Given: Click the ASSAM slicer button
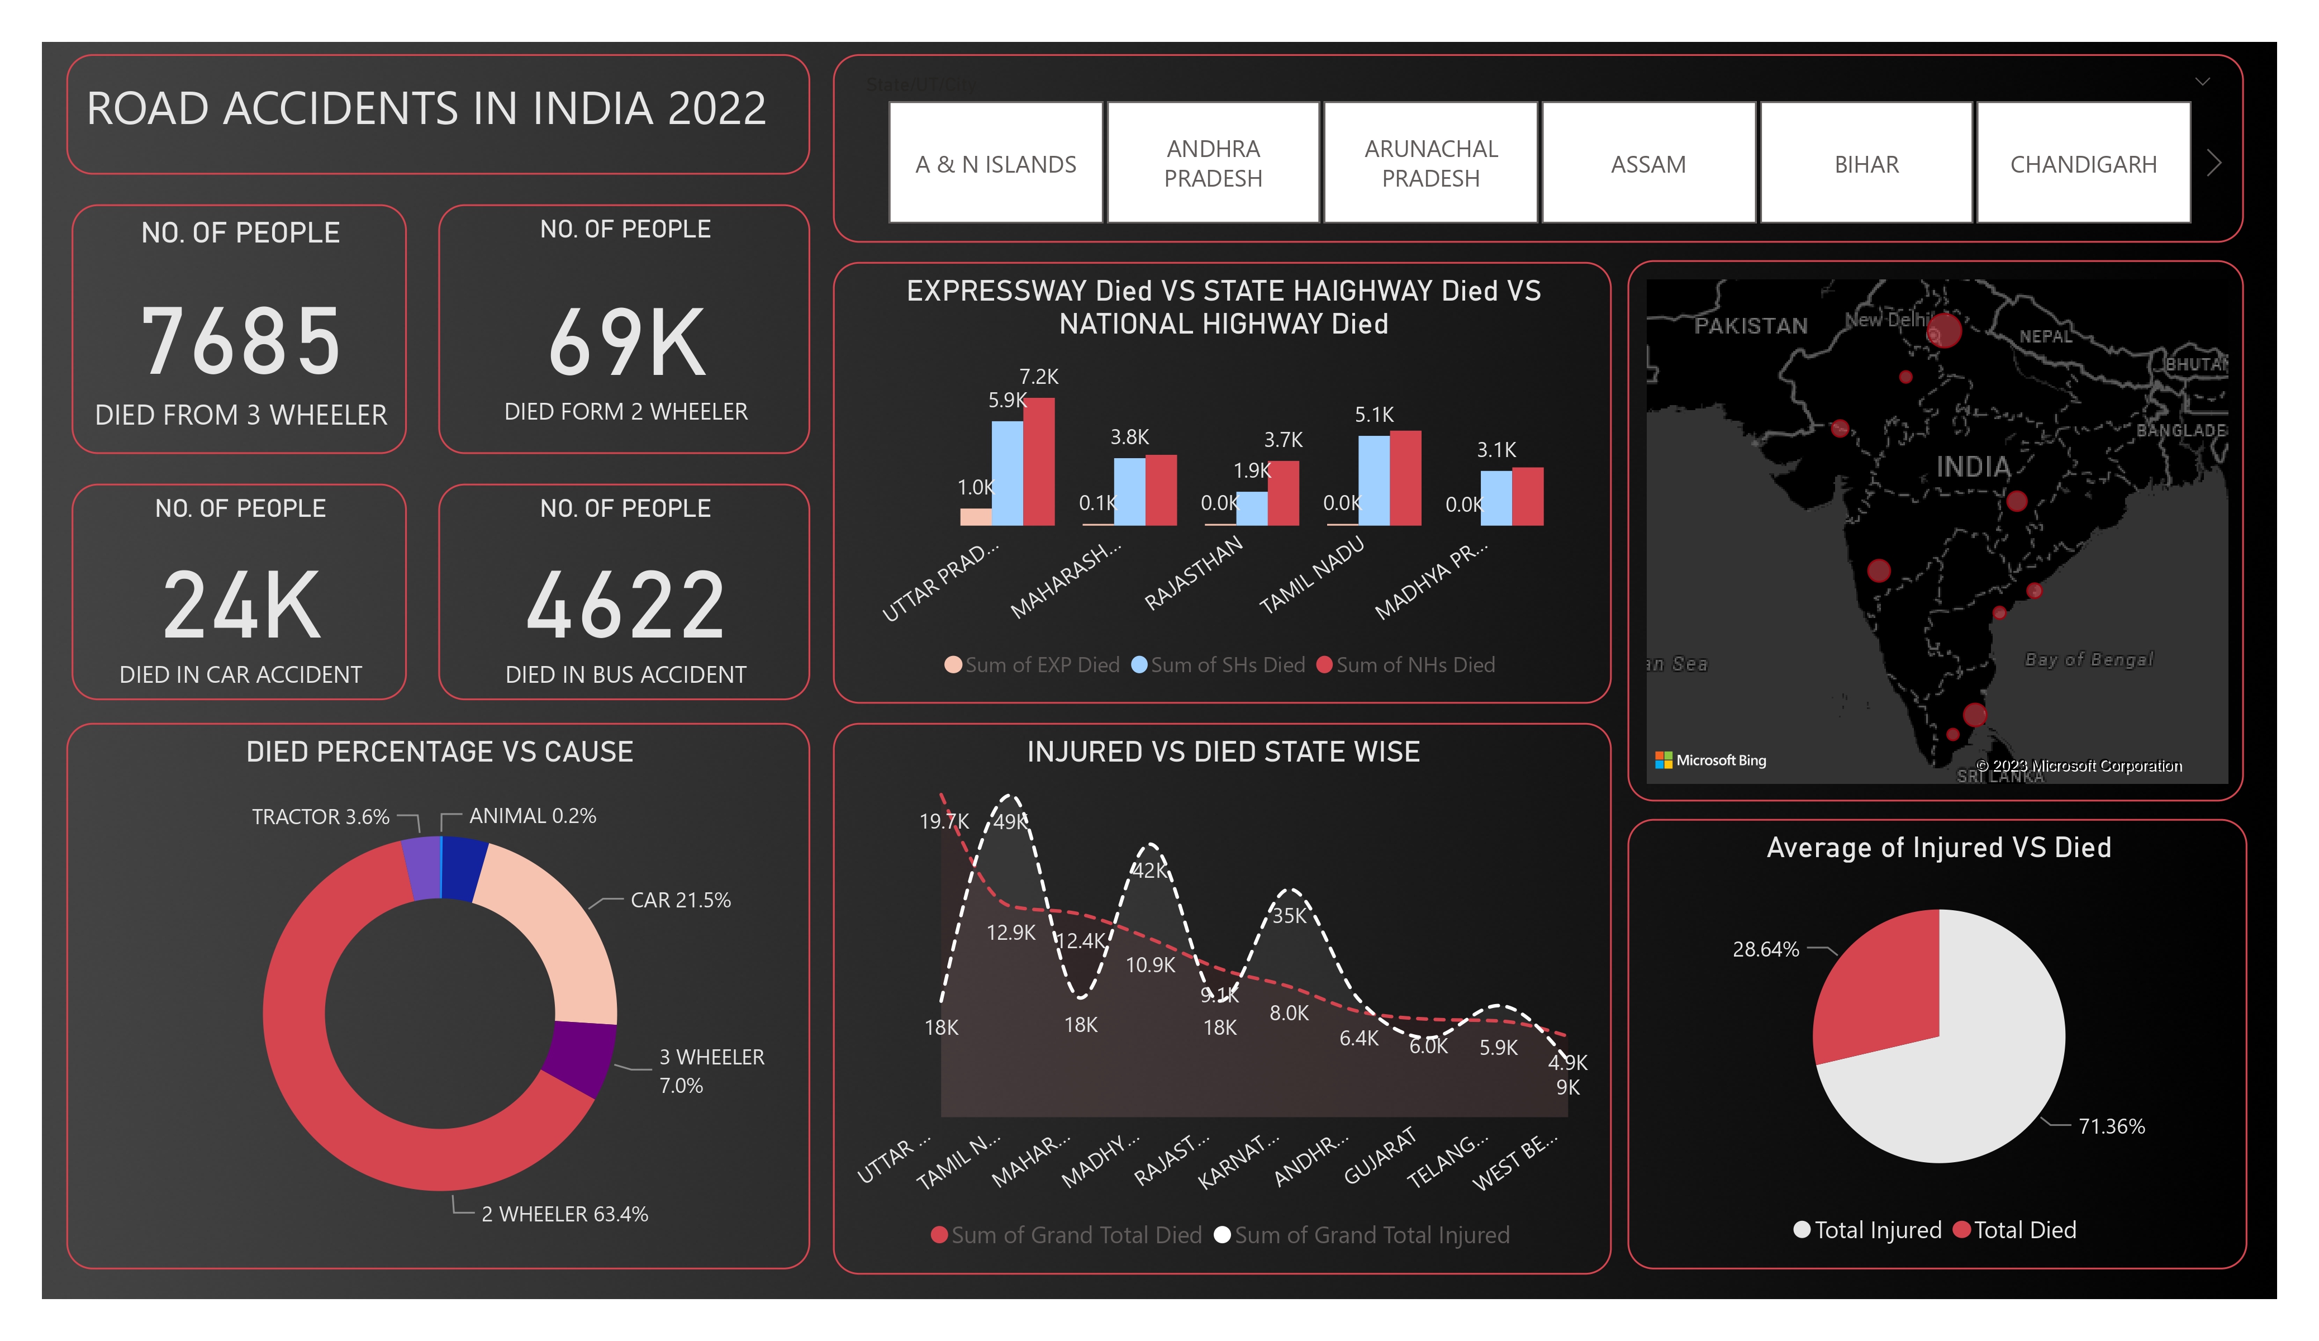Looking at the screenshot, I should pyautogui.click(x=1647, y=164).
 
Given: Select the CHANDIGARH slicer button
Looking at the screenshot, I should pyautogui.click(x=2083, y=164).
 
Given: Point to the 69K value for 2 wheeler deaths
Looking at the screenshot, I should pyautogui.click(x=626, y=343).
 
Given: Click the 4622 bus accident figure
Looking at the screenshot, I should pyautogui.click(x=626, y=606).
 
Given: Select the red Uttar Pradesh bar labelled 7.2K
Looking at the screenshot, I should pyautogui.click(x=1039, y=462).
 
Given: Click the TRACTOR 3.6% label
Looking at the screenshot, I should pyautogui.click(x=320, y=816).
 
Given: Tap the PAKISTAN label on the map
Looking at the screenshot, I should pyautogui.click(x=1750, y=326).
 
